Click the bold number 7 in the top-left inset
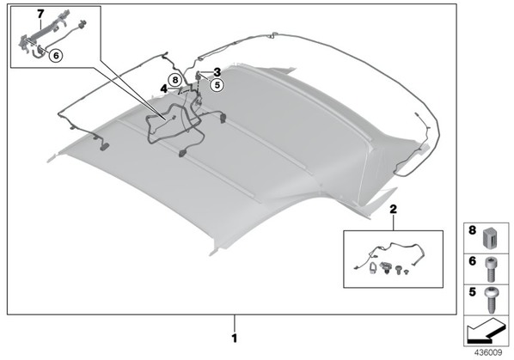click(40, 14)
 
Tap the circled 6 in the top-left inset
click(56, 56)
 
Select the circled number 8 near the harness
click(175, 80)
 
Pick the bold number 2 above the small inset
click(394, 209)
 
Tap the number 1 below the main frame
click(235, 338)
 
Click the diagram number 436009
click(488, 353)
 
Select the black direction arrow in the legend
click(486, 333)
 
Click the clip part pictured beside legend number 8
click(491, 238)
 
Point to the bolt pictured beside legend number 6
click(491, 269)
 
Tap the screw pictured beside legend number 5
click(491, 300)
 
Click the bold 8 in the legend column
click(472, 230)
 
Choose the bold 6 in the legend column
click(472, 261)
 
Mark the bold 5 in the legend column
click(472, 291)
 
